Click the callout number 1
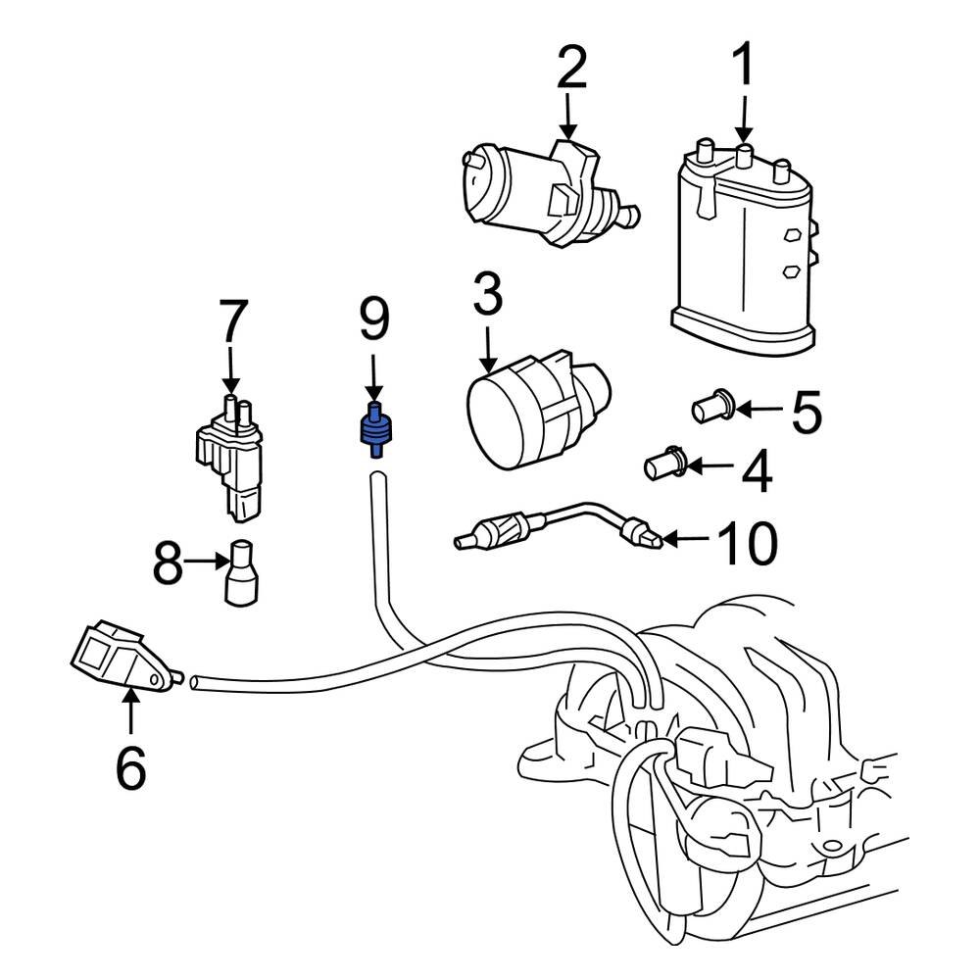coord(744,67)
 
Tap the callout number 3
coord(487,295)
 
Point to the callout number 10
coord(747,543)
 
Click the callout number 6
coord(130,767)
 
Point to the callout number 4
coord(757,472)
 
